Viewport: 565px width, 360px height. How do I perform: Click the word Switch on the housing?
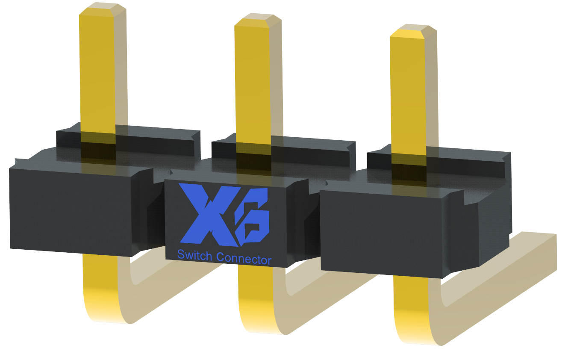coord(194,255)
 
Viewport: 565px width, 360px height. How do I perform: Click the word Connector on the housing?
coord(244,259)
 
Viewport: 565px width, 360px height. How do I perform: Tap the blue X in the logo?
coord(209,215)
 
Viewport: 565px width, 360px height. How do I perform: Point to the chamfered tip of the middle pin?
coord(258,20)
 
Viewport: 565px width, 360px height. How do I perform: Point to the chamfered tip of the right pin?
coord(413,31)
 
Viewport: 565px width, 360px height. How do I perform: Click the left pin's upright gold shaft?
coord(98,73)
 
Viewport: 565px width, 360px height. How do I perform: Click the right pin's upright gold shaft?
coord(408,96)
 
